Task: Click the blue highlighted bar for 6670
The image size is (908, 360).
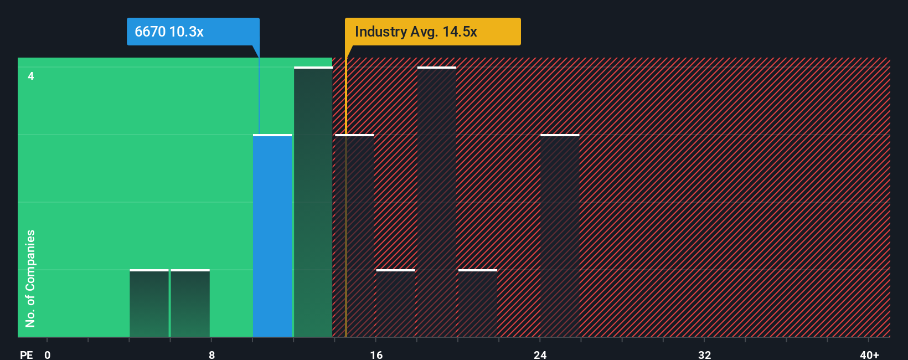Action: click(x=272, y=235)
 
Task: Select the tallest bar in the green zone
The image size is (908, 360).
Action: click(x=313, y=202)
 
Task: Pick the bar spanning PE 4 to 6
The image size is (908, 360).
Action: click(x=149, y=303)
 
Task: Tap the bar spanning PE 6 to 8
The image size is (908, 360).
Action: click(x=190, y=303)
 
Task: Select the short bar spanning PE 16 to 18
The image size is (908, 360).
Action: click(x=395, y=303)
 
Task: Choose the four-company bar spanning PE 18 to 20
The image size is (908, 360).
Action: click(x=437, y=202)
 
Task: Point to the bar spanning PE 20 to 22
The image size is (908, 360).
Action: click(x=478, y=303)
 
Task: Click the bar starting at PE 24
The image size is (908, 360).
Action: click(x=560, y=235)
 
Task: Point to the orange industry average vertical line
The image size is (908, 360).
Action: click(x=346, y=222)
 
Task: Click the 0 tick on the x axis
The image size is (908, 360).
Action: click(x=48, y=354)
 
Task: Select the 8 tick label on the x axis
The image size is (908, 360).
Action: click(x=211, y=354)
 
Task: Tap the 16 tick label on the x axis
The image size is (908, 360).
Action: click(x=376, y=354)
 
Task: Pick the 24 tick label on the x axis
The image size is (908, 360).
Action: click(x=540, y=354)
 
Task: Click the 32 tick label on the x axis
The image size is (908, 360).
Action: click(x=704, y=354)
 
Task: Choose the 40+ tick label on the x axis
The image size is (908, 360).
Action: click(x=869, y=354)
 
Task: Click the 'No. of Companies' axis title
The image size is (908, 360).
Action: click(x=30, y=278)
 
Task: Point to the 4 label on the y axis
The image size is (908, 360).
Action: click(x=31, y=76)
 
